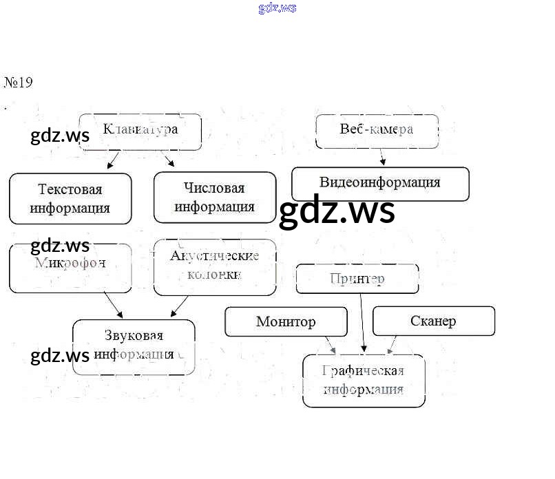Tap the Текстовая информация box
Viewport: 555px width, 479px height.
coord(70,198)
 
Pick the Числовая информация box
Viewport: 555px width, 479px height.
coord(215,198)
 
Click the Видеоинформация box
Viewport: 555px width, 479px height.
coord(380,183)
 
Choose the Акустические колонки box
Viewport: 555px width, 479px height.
coord(215,266)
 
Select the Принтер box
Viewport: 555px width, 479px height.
coord(357,279)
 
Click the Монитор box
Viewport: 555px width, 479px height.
coord(286,321)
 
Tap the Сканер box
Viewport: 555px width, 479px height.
coord(433,321)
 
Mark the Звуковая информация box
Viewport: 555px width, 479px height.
coord(134,346)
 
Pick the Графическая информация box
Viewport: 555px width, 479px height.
coord(364,381)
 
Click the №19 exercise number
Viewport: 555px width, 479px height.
coord(19,83)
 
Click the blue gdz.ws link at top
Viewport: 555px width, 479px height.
coord(277,8)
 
